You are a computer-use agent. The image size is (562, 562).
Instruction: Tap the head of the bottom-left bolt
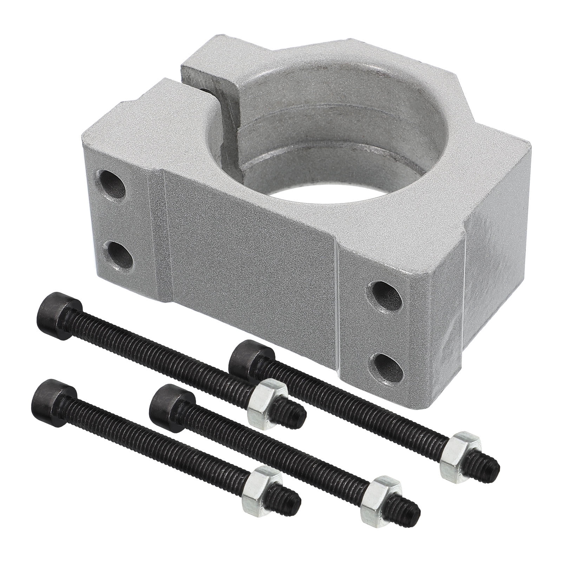pyautogui.click(x=53, y=398)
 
